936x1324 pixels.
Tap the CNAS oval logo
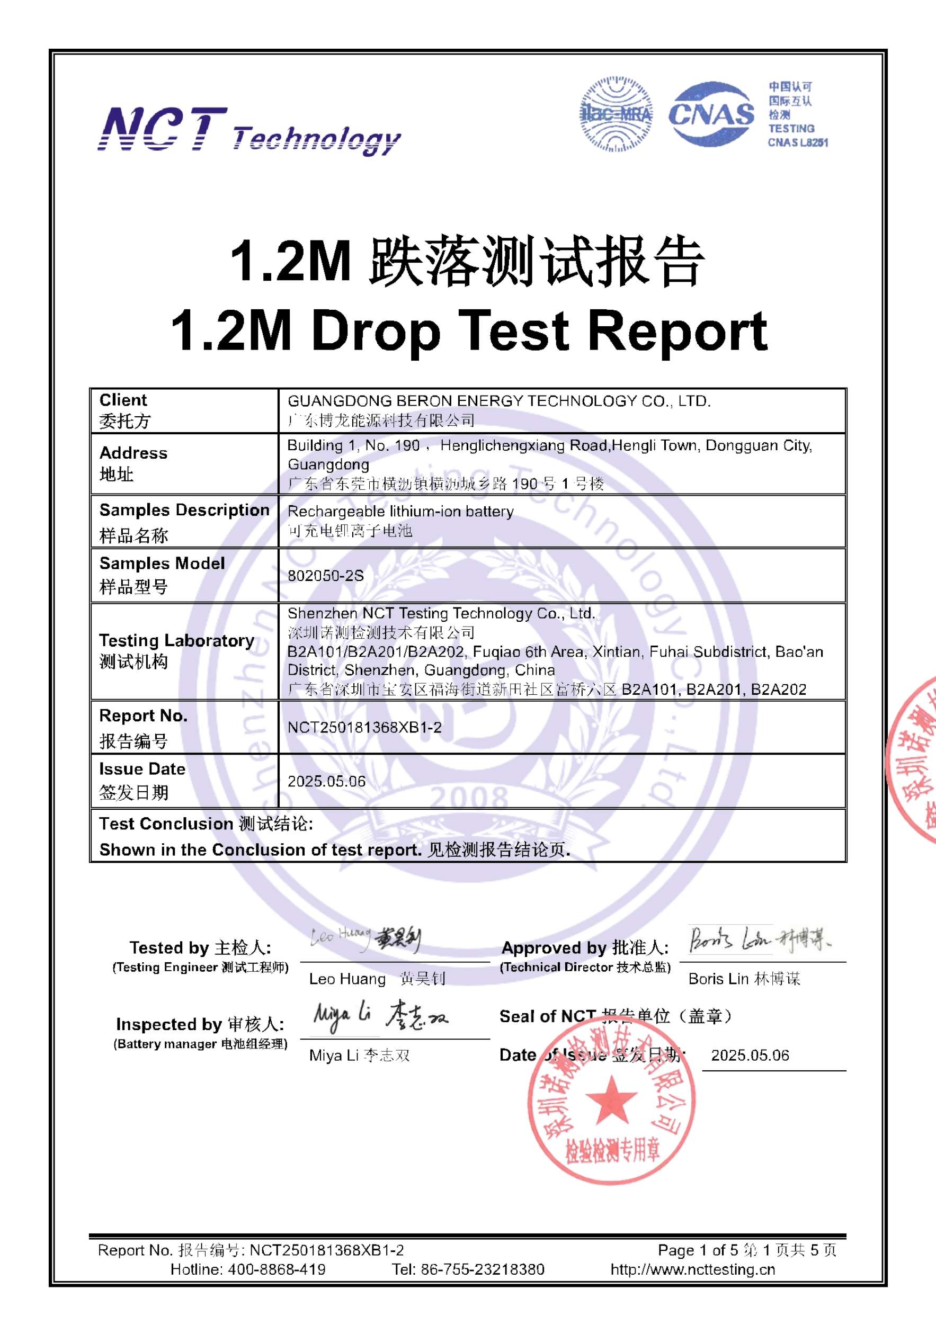pos(711,114)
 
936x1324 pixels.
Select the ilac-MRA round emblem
pos(616,114)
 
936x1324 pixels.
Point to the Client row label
pos(123,400)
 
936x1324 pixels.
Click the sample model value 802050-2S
pos(325,576)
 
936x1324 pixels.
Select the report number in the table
pos(364,727)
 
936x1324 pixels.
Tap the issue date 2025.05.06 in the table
pos(326,781)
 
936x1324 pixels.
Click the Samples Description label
pos(184,511)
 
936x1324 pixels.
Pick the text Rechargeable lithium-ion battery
pos(400,512)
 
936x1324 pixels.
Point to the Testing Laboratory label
pos(176,641)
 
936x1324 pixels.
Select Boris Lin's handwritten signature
pos(759,941)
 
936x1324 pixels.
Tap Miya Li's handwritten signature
pos(379,1016)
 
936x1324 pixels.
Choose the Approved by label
pos(585,948)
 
